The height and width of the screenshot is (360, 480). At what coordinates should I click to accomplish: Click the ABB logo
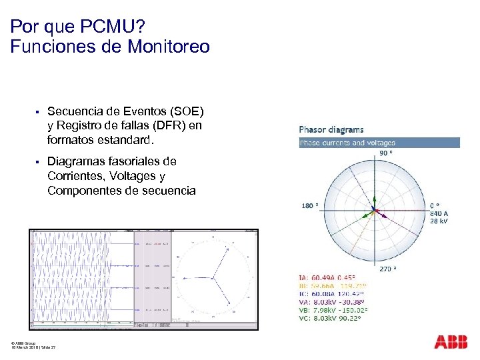click(x=451, y=342)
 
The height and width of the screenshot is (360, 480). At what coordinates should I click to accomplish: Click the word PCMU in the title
click(x=101, y=27)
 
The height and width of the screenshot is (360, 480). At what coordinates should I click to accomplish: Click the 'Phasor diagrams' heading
click(x=331, y=129)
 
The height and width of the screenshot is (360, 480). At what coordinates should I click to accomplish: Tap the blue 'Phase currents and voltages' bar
click(x=379, y=142)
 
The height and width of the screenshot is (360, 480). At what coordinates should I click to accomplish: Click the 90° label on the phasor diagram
click(x=386, y=153)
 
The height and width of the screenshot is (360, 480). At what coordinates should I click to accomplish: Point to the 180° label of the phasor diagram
click(x=310, y=206)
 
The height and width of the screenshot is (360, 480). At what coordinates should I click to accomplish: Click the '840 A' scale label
click(x=439, y=213)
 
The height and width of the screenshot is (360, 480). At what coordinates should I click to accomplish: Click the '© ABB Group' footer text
click(x=25, y=343)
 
